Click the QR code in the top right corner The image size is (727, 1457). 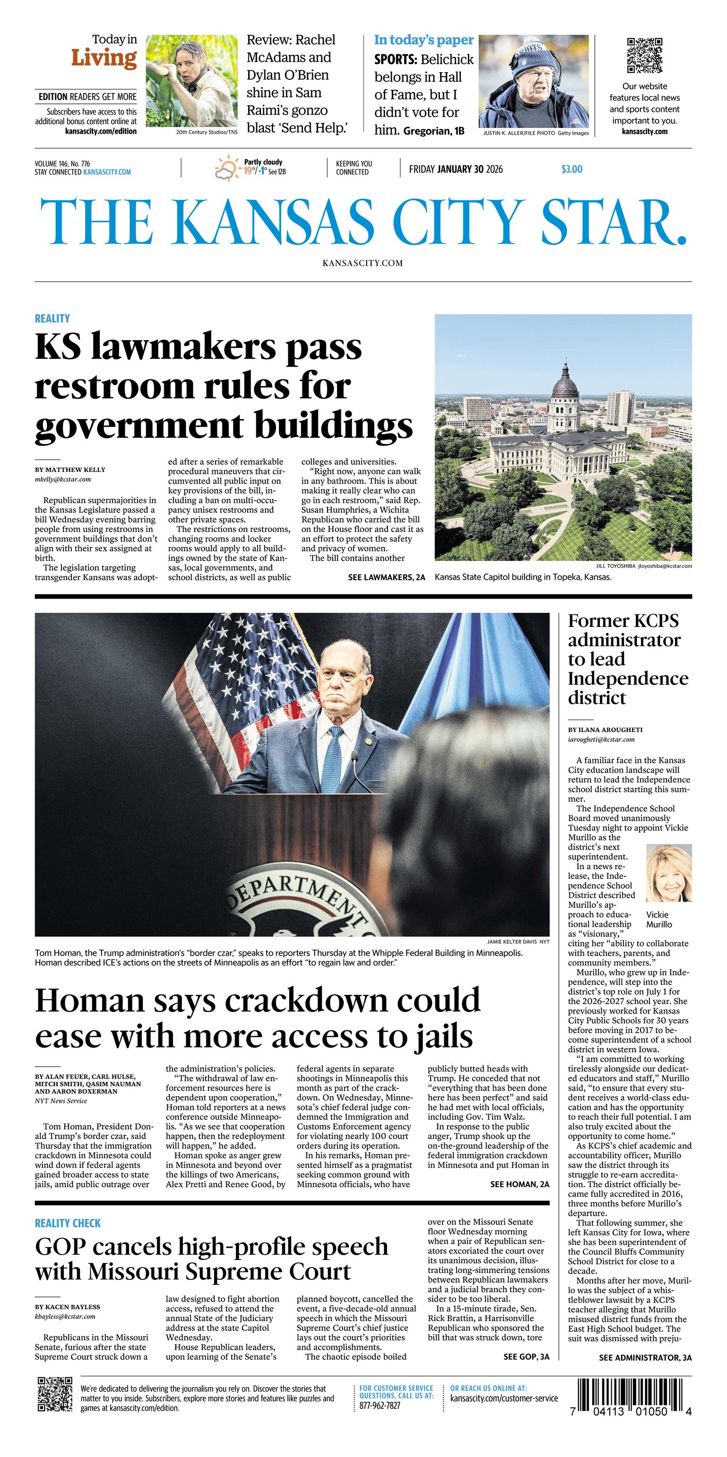[x=644, y=55]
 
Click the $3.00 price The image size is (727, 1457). [x=571, y=169]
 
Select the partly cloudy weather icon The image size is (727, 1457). [x=227, y=168]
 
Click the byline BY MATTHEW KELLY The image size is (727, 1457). [x=70, y=470]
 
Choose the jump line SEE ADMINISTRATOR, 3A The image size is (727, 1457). [x=645, y=1357]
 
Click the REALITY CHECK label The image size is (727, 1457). [x=68, y=1223]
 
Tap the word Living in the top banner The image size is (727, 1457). [x=104, y=58]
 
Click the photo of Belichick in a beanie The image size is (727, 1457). [x=534, y=81]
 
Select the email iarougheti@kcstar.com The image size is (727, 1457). [x=601, y=739]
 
